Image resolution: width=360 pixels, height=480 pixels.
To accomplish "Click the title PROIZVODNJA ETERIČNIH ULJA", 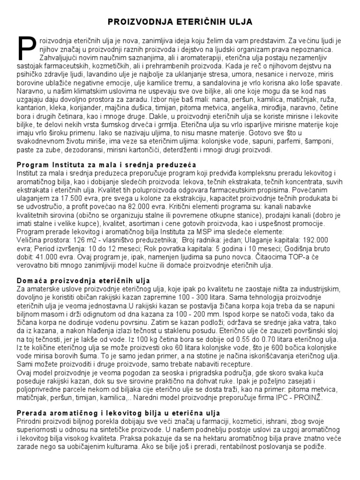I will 180,22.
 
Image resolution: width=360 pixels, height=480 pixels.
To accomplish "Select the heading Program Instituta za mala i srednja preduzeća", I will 106,165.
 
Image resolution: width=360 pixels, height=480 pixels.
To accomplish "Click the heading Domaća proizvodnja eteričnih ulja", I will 82,280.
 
